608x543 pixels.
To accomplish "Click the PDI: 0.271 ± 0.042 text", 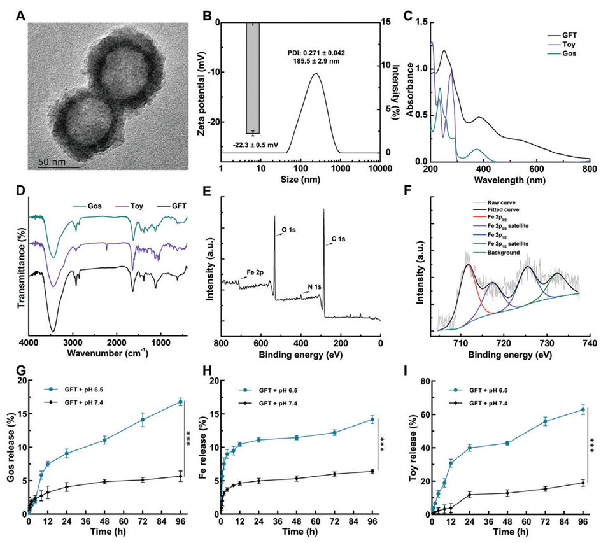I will (310, 52).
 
